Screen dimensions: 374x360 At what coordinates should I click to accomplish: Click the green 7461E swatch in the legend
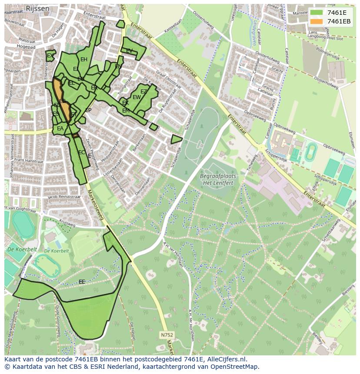point(317,13)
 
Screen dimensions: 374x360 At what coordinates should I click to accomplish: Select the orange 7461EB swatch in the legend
point(317,21)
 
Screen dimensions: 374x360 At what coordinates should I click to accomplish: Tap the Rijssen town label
point(37,8)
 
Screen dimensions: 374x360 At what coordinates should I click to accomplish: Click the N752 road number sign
point(166,335)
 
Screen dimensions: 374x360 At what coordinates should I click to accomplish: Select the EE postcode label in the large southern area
point(82,282)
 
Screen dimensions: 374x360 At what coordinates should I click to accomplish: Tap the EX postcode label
point(50,56)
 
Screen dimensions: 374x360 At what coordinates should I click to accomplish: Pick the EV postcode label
point(129,51)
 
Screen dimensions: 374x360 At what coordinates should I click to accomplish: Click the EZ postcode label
point(143,92)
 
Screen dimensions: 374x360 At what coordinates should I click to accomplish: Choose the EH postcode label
point(84,60)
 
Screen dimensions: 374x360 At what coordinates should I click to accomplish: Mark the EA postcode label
point(60,129)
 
